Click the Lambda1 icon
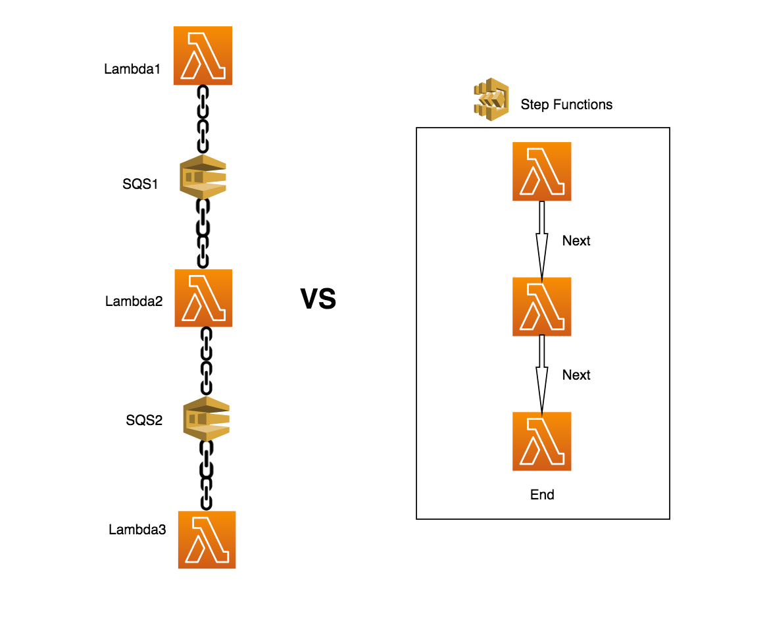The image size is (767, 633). tap(203, 56)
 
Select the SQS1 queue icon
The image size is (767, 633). tap(203, 177)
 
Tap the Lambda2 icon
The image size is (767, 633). tap(203, 298)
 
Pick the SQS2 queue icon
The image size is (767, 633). tap(206, 418)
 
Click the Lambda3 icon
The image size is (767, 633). tap(207, 540)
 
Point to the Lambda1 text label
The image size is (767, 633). tap(132, 68)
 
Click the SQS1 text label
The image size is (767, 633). tap(140, 184)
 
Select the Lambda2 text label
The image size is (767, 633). tap(134, 302)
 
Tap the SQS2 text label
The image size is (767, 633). tap(144, 420)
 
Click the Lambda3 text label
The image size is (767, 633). tap(137, 529)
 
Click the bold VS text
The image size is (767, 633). tap(318, 299)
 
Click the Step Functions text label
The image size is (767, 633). tap(566, 105)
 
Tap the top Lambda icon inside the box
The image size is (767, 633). tap(541, 171)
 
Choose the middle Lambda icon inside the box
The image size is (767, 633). tap(541, 307)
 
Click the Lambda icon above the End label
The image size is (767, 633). tap(541, 442)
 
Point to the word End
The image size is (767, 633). tap(542, 495)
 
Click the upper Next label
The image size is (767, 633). tap(576, 241)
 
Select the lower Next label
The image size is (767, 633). tap(576, 375)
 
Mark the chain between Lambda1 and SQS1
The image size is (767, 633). tap(203, 119)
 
